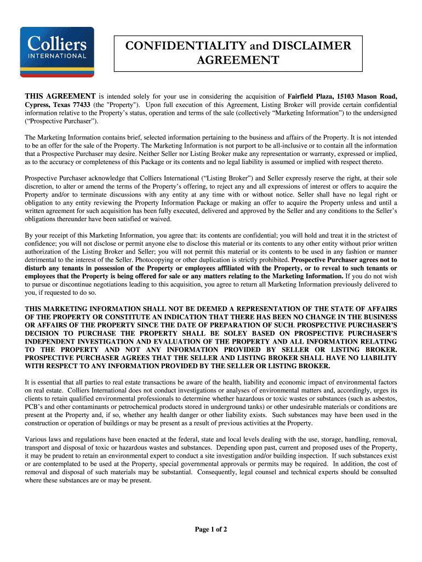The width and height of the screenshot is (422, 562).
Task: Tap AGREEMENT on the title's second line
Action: coord(238,60)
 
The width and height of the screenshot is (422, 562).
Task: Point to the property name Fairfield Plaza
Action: coord(310,96)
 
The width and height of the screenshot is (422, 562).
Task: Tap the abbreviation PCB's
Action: coord(37,407)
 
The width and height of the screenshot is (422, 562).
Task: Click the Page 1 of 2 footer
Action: coord(211,530)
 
